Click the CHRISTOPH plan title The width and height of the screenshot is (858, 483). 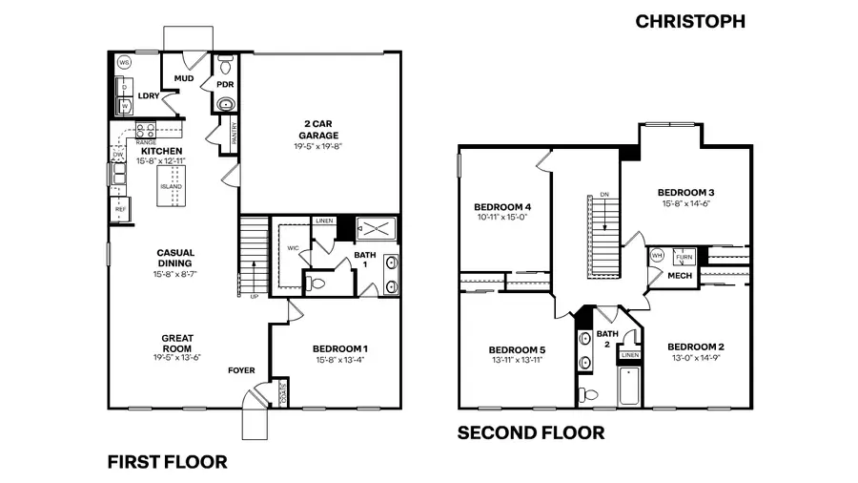690,21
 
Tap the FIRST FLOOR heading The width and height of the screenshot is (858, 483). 167,463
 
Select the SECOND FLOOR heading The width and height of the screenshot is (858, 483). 531,433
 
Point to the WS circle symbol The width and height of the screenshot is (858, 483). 124,63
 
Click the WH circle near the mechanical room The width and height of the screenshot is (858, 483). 657,256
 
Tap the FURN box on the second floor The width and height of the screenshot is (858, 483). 684,258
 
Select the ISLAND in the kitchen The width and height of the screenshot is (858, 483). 172,185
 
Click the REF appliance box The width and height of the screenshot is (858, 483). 120,207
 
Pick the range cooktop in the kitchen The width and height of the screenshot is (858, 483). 145,132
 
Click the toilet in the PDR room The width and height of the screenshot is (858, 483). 225,67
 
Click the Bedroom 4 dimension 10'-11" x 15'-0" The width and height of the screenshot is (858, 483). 501,218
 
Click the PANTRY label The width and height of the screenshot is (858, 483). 234,132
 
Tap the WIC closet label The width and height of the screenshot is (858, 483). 293,247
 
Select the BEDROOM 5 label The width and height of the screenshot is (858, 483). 515,348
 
